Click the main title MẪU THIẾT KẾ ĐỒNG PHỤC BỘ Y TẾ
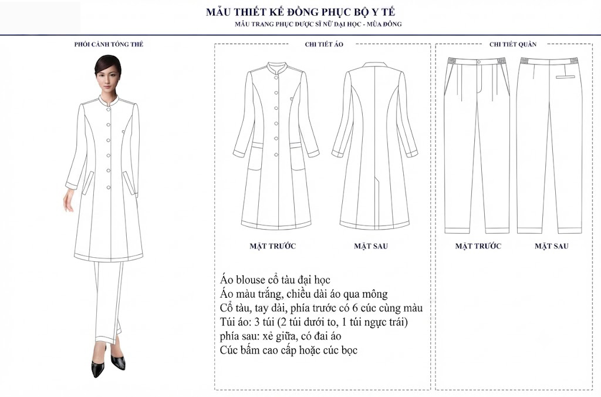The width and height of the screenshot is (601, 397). pyautogui.click(x=300, y=12)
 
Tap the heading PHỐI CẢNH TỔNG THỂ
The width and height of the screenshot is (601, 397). pyautogui.click(x=109, y=44)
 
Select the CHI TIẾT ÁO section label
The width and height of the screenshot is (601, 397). pyautogui.click(x=324, y=44)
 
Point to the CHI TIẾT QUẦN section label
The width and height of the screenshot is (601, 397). pyautogui.click(x=513, y=44)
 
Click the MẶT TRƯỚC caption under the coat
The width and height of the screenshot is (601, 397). pyautogui.click(x=272, y=246)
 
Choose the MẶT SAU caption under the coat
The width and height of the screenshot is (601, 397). pyautogui.click(x=371, y=246)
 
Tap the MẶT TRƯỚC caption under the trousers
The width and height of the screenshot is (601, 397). pyautogui.click(x=478, y=246)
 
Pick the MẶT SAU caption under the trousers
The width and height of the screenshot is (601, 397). pyautogui.click(x=551, y=246)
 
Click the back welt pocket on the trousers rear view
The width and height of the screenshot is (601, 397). pyautogui.click(x=565, y=77)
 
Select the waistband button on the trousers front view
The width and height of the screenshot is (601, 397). pyautogui.click(x=479, y=62)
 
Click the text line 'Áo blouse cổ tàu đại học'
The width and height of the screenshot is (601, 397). pyautogui.click(x=275, y=280)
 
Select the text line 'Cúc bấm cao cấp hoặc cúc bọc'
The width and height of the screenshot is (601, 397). pyautogui.click(x=289, y=350)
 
